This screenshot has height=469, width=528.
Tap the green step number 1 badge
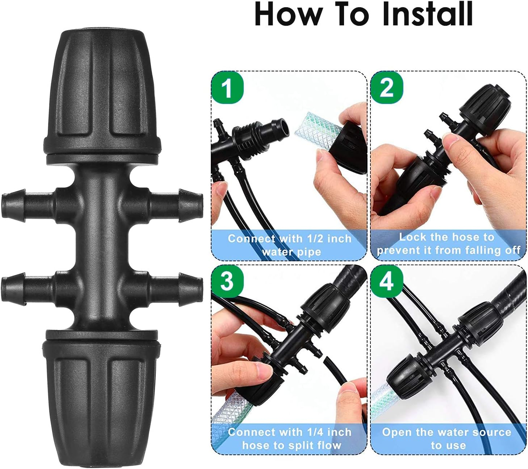(x=227, y=87)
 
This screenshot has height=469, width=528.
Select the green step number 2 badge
(x=387, y=87)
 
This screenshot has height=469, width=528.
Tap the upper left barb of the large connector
(x=27, y=206)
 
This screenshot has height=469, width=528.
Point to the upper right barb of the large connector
(x=177, y=206)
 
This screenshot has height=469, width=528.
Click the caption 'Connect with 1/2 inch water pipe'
(x=290, y=245)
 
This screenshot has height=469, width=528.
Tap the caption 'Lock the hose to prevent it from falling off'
(x=448, y=244)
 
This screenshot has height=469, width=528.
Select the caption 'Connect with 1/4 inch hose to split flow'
(x=290, y=439)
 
